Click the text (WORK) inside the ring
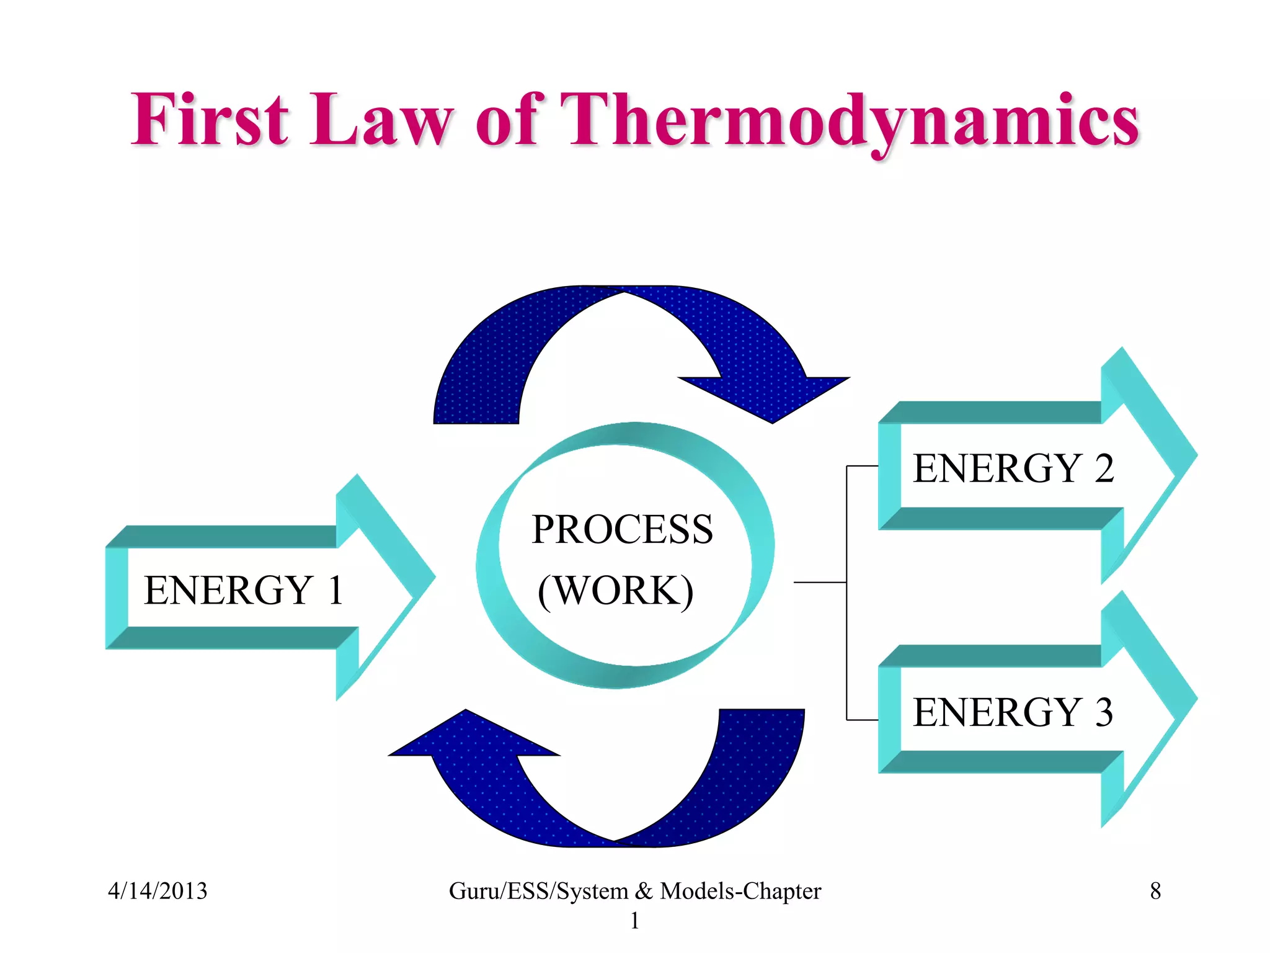coord(615,590)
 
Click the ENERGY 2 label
coord(1013,468)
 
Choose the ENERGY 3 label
coord(1013,712)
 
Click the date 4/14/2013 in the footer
coord(158,891)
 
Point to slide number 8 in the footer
coord(1155,891)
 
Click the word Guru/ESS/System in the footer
coord(538,891)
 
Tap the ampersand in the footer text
coord(644,891)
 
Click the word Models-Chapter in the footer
coord(740,891)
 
